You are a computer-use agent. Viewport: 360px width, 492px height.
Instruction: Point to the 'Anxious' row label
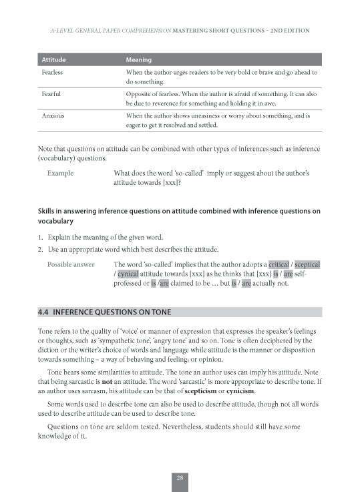pos(53,115)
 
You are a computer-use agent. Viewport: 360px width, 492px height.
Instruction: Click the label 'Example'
pos(61,173)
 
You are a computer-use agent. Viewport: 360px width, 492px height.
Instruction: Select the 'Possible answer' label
pos(71,264)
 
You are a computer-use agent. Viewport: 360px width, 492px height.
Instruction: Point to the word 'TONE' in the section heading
pos(159,312)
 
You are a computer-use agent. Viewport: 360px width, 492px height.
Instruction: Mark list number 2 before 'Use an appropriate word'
pos(40,248)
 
